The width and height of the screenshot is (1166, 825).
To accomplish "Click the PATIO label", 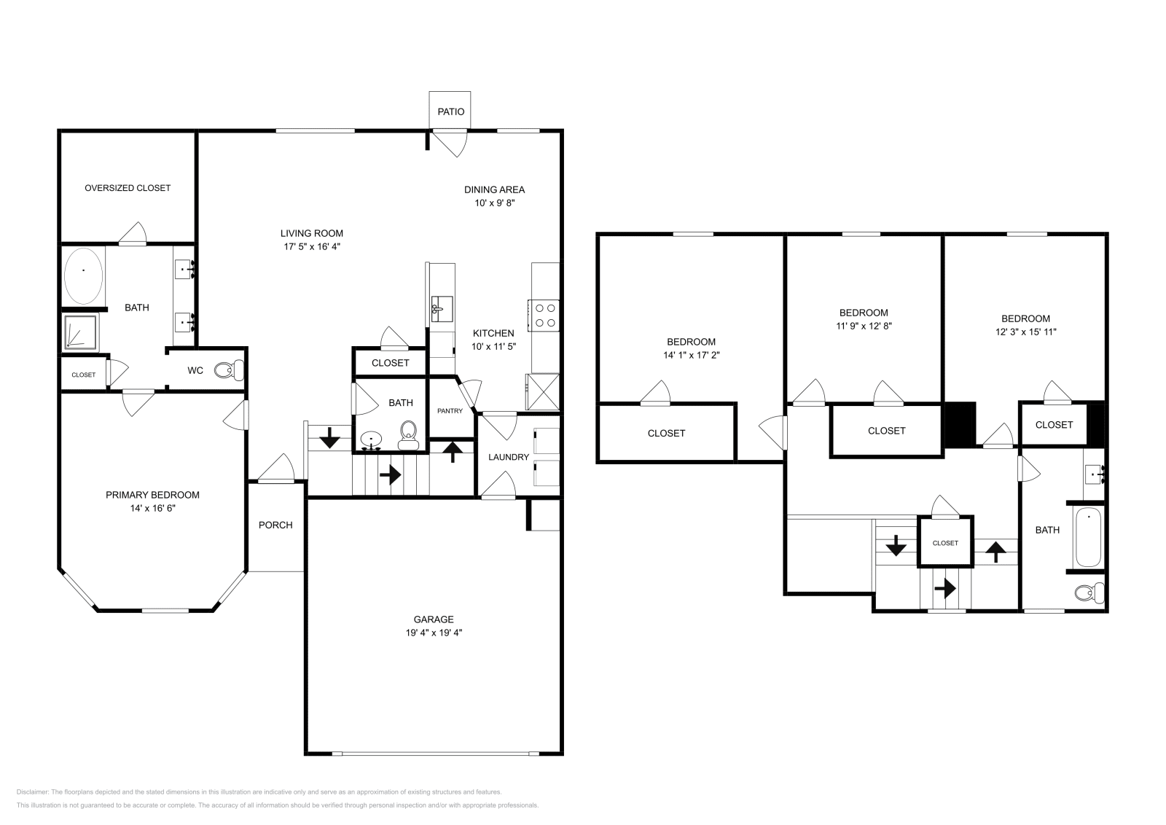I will (x=450, y=112).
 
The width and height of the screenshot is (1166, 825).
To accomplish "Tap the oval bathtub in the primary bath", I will (x=83, y=275).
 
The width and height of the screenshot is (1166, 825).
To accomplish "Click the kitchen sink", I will (x=442, y=308).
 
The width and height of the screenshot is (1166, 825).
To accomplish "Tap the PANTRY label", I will (x=450, y=411).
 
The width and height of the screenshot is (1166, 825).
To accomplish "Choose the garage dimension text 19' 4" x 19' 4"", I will (x=434, y=633).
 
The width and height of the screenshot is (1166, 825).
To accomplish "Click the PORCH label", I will (x=275, y=525).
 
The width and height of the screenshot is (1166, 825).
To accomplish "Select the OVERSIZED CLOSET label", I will (x=128, y=187).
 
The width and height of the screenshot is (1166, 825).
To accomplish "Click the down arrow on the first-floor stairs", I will (x=329, y=438).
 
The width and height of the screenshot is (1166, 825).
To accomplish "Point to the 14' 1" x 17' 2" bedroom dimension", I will (x=691, y=355).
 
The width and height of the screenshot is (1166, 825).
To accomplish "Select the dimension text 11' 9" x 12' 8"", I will (x=864, y=326).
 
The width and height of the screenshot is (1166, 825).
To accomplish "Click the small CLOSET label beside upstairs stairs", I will (x=945, y=543).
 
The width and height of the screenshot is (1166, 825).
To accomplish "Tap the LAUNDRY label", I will (x=508, y=457).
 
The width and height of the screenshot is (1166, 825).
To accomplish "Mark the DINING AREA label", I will (x=494, y=189).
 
